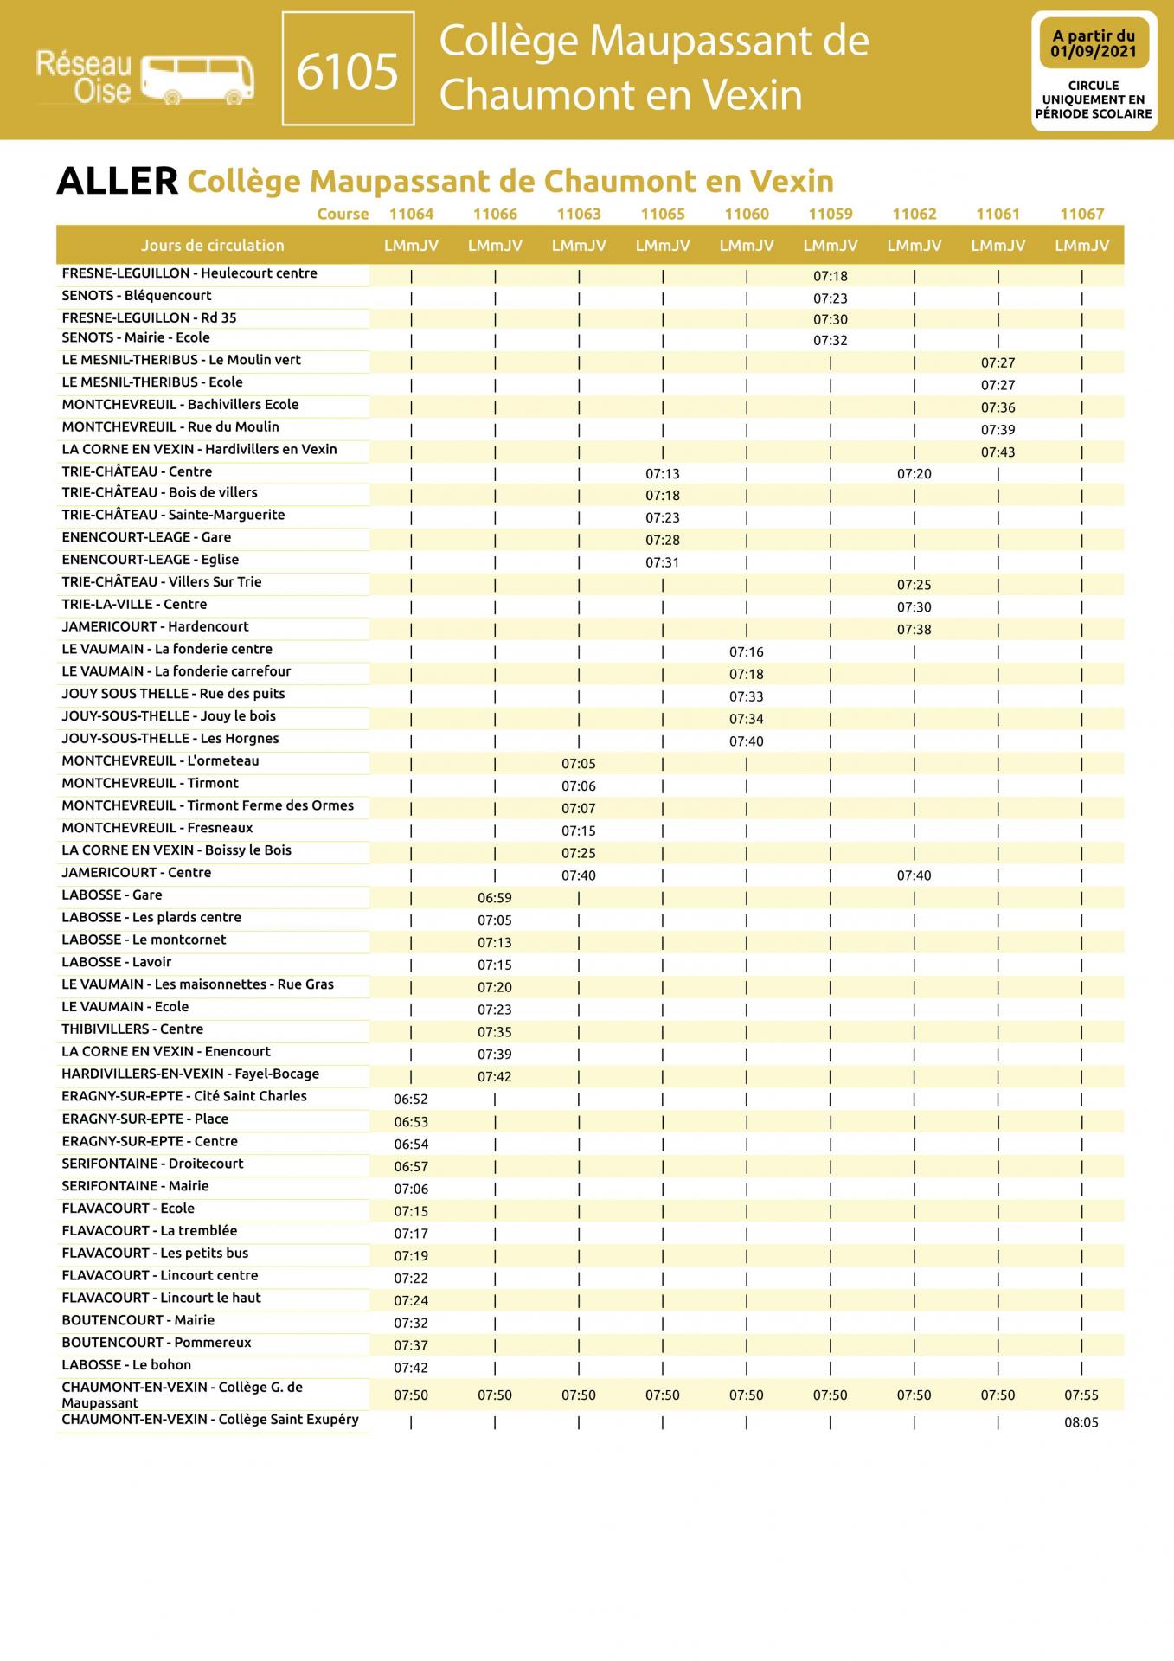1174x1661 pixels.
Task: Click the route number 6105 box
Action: click(348, 69)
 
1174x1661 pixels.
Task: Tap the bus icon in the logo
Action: click(198, 80)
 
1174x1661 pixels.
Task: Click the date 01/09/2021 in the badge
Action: click(1094, 52)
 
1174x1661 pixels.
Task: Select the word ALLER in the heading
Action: click(117, 181)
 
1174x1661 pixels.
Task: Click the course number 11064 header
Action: click(411, 214)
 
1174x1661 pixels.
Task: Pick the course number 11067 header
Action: click(1081, 214)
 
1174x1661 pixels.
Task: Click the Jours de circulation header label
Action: click(213, 246)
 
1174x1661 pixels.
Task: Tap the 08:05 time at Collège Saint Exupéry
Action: click(1081, 1422)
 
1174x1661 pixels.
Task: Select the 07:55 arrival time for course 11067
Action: click(1081, 1395)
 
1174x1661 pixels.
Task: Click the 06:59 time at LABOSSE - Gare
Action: click(495, 898)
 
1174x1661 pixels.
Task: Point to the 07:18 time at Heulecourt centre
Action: click(831, 277)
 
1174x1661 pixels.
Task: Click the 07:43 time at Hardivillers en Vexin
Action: click(998, 452)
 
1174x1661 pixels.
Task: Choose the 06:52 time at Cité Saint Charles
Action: click(411, 1099)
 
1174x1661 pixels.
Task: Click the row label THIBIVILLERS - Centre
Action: click(132, 1029)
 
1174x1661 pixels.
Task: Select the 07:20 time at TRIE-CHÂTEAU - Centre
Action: click(914, 474)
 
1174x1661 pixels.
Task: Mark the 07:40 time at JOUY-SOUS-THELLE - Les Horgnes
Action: click(746, 741)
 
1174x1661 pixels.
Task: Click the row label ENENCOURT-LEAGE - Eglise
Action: click(151, 560)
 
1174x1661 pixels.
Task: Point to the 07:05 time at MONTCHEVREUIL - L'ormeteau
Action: click(579, 764)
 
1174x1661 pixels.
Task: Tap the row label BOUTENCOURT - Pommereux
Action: click(157, 1343)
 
